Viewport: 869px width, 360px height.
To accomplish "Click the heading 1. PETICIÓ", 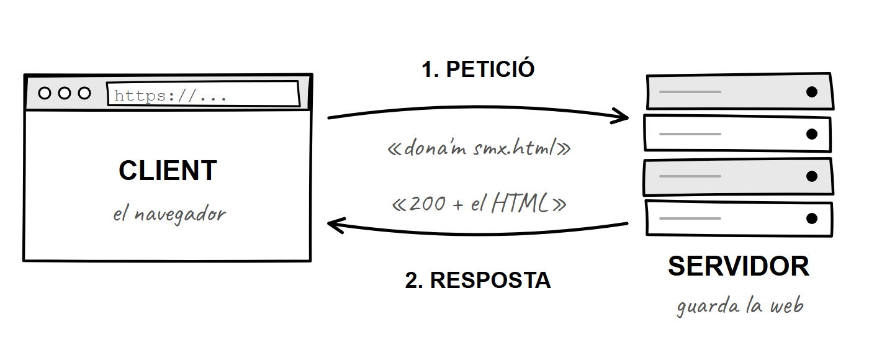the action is tap(478, 69).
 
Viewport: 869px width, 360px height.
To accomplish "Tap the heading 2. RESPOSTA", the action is tap(477, 280).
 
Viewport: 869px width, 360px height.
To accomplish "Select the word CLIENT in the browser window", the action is tap(168, 170).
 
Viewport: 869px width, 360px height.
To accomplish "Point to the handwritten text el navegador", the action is tap(169, 214).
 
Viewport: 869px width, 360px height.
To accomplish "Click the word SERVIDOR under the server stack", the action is tap(739, 266).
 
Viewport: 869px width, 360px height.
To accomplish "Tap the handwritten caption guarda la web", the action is tap(740, 306).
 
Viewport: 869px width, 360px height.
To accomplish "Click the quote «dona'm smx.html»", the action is tap(479, 148).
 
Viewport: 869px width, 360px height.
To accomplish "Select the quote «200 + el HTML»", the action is tap(479, 204).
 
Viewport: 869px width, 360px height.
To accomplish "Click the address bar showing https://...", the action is tap(204, 94).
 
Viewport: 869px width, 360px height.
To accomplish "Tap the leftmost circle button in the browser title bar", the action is tap(45, 93).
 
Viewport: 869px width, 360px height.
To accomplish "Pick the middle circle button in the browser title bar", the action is tap(65, 93).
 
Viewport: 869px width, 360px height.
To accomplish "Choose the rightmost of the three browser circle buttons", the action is tap(84, 93).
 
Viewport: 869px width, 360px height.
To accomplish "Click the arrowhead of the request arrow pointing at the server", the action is tap(628, 117).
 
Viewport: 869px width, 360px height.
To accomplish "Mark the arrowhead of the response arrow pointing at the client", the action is tap(328, 223).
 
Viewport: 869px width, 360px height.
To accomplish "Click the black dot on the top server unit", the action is tap(812, 92).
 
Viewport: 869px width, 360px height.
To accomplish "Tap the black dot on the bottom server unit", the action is tap(812, 218).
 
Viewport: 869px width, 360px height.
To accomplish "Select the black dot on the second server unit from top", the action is tap(812, 134).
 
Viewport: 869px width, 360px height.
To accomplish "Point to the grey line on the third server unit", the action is tap(690, 176).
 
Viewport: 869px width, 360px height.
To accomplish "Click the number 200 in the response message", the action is tap(427, 204).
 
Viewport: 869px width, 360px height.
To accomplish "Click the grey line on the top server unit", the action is tap(690, 92).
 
